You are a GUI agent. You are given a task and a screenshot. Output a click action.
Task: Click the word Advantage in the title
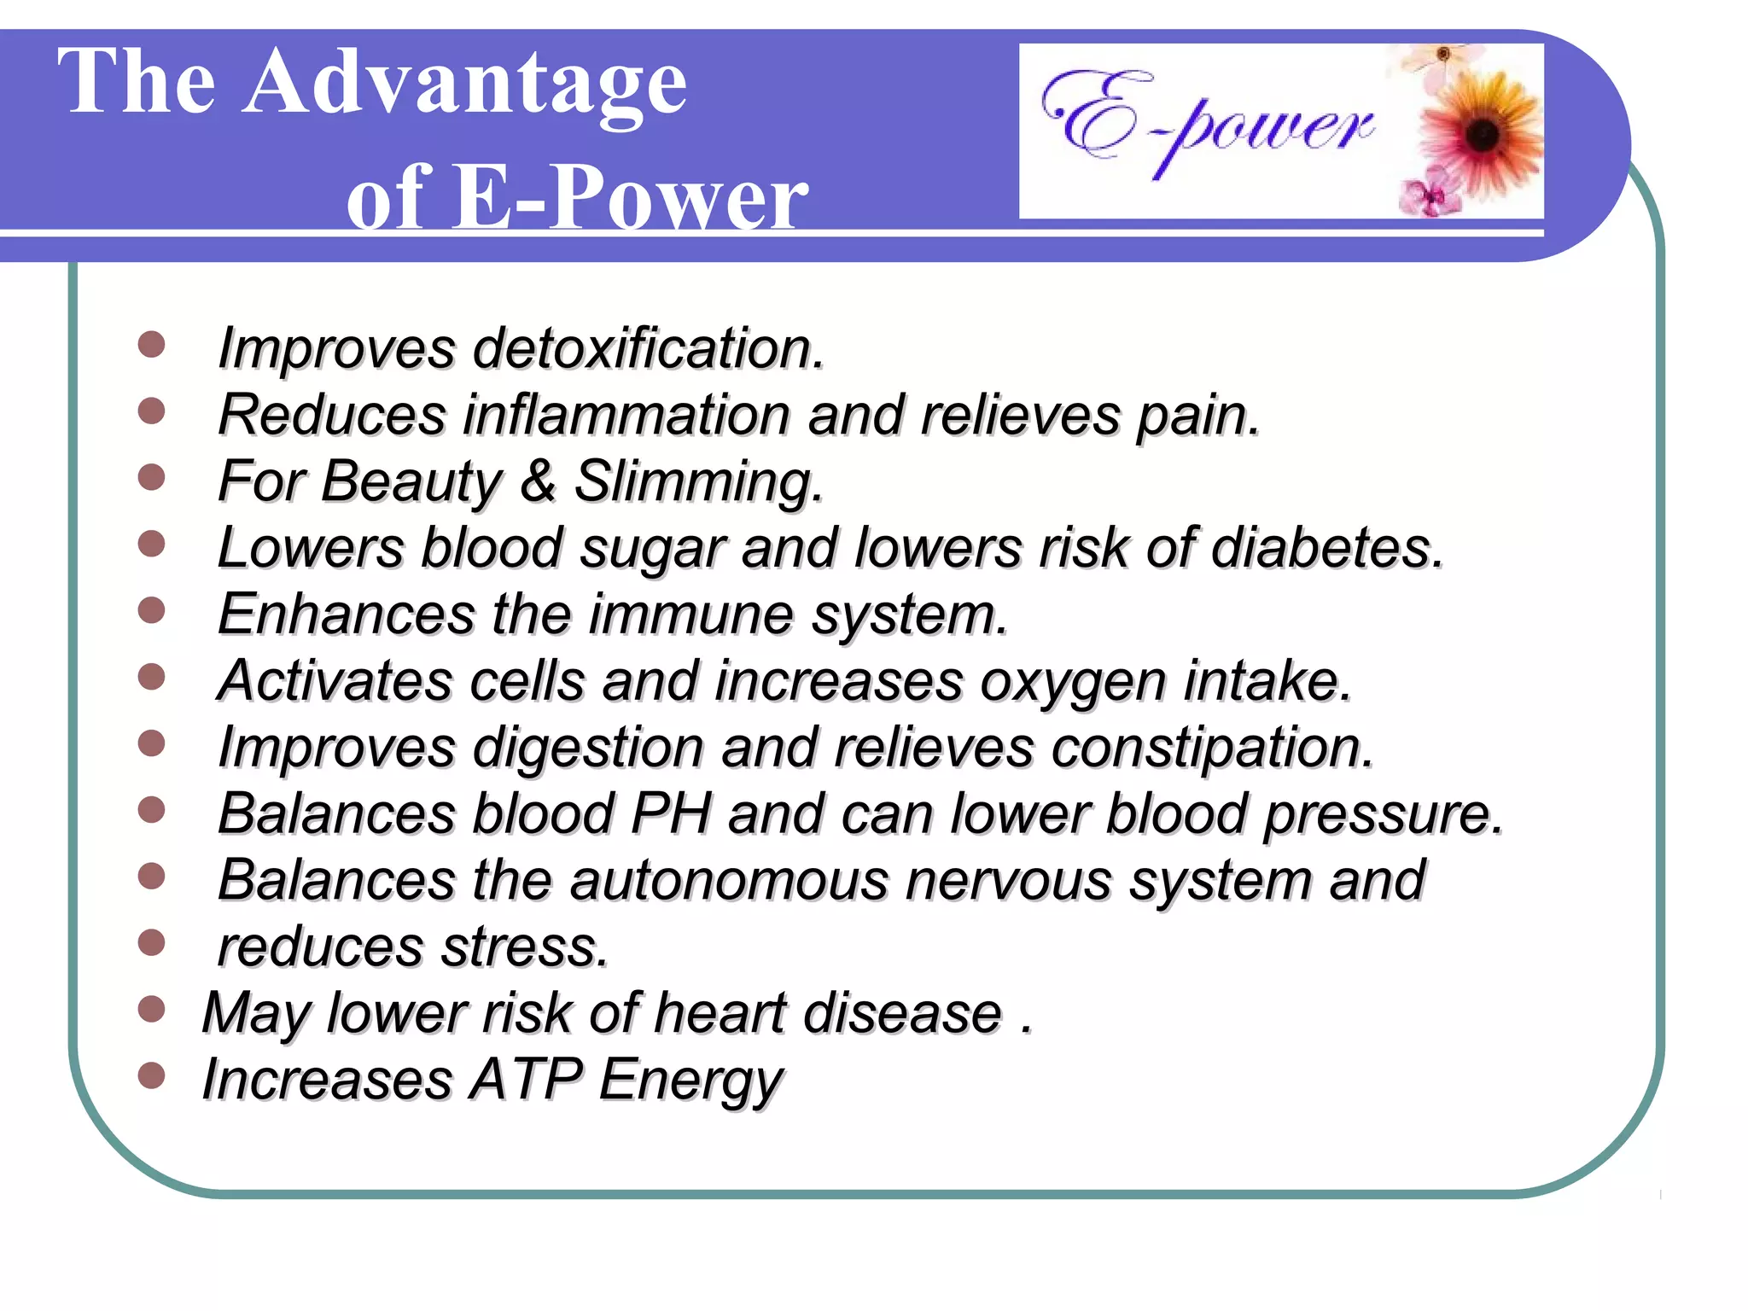point(465,84)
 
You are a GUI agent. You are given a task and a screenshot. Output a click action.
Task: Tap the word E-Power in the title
point(629,198)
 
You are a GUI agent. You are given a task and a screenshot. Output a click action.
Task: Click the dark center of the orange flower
point(1482,134)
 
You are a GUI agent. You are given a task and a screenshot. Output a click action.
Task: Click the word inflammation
point(627,415)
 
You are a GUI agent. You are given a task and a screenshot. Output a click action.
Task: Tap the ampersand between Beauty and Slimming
point(538,481)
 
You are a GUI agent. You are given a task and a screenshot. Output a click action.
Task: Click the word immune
point(690,614)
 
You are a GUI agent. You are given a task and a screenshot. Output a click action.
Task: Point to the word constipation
point(1212,748)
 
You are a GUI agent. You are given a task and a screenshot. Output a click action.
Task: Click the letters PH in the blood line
point(670,813)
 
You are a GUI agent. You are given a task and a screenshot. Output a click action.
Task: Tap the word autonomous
point(728,880)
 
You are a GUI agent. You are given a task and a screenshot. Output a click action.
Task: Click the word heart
point(719,1013)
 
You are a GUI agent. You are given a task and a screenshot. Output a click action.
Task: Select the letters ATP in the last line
point(527,1080)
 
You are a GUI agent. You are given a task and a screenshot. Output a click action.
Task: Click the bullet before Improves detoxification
point(151,345)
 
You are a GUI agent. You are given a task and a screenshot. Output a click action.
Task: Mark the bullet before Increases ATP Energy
point(151,1076)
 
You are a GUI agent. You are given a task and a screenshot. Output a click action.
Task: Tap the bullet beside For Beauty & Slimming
point(151,477)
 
